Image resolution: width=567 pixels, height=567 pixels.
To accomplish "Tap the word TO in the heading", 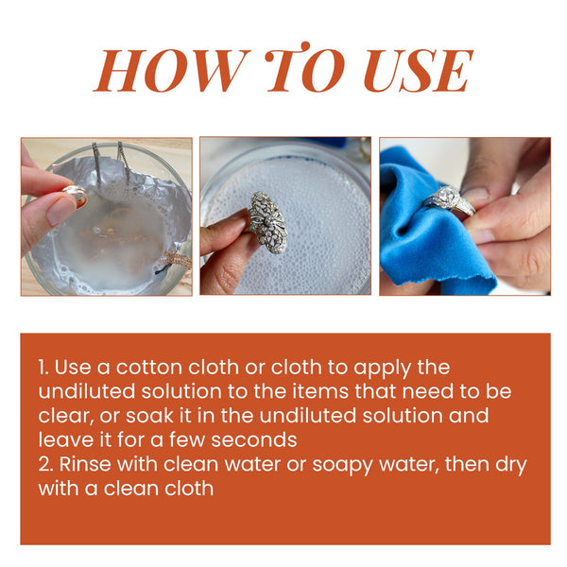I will pyautogui.click(x=301, y=71).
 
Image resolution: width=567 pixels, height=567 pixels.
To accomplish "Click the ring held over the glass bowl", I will pyautogui.click(x=74, y=196).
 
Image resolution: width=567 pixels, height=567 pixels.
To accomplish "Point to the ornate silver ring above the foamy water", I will pyautogui.click(x=270, y=220).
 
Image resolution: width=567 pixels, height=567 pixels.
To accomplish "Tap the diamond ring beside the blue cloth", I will pyautogui.click(x=447, y=199).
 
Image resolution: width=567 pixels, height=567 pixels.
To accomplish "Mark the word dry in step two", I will pyautogui.click(x=510, y=465).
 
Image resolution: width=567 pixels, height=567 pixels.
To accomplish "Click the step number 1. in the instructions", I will pyautogui.click(x=43, y=367).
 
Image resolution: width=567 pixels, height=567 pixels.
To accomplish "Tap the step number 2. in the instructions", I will pyautogui.click(x=46, y=465).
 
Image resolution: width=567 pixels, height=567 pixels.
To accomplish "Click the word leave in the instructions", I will pyautogui.click(x=62, y=440).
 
